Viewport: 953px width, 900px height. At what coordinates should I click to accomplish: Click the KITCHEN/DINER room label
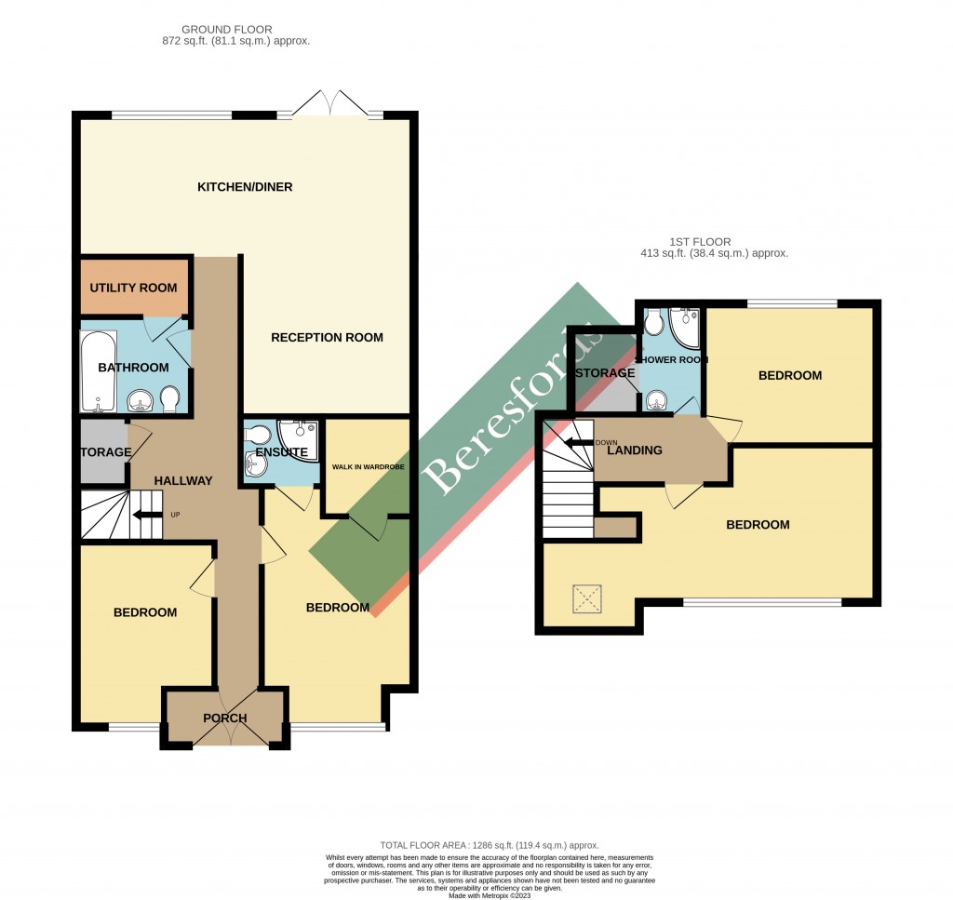pyautogui.click(x=245, y=187)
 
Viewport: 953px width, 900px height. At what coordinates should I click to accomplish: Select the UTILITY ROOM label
pyautogui.click(x=133, y=288)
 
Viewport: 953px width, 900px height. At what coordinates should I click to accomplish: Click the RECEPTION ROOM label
pyautogui.click(x=327, y=337)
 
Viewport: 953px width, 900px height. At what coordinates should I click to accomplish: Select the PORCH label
pyautogui.click(x=224, y=718)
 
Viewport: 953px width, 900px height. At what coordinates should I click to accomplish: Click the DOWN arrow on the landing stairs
pyautogui.click(x=581, y=443)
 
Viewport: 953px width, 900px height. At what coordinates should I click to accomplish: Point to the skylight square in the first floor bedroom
pyautogui.click(x=588, y=599)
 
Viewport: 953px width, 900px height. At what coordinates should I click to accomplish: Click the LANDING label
pyautogui.click(x=634, y=450)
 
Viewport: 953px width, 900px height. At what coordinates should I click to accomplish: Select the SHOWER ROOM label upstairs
pyautogui.click(x=672, y=359)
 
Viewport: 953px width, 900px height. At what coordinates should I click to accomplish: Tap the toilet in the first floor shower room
pyautogui.click(x=653, y=321)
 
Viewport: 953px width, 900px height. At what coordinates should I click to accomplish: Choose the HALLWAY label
pyautogui.click(x=183, y=481)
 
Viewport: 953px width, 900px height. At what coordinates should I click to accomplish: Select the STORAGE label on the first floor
pyautogui.click(x=605, y=373)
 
